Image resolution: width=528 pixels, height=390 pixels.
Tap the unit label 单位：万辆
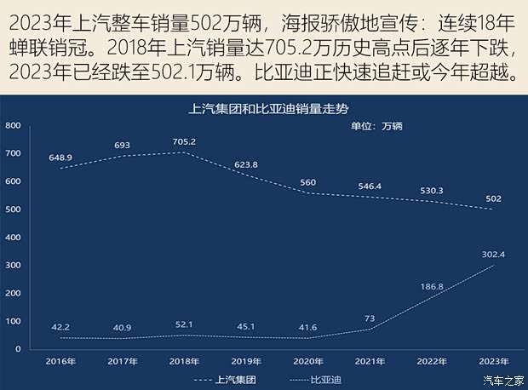pos(376,127)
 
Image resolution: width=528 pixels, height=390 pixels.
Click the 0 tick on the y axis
pos(17,349)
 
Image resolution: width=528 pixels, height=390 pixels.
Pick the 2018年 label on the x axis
pos(184,361)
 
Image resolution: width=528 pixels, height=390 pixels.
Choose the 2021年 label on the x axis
pos(369,361)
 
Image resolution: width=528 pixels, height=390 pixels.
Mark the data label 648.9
pos(61,158)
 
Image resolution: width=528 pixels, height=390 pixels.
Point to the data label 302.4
pos(492,254)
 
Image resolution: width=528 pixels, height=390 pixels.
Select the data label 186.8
pos(432,287)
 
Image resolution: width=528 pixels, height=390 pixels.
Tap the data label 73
pos(370,318)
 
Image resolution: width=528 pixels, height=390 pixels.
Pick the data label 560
pos(307,182)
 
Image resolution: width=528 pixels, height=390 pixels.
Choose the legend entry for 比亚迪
pos(319,380)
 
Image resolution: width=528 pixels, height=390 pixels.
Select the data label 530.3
pos(431,191)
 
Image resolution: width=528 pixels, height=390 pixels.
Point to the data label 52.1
pos(184,324)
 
